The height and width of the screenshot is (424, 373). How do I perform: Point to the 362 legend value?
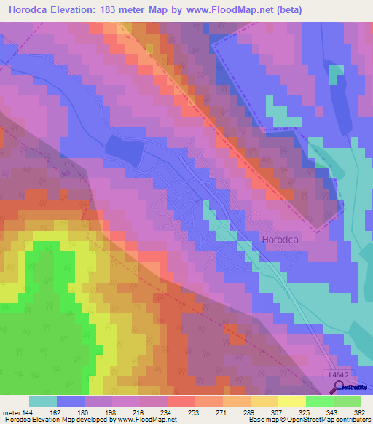pos(360,412)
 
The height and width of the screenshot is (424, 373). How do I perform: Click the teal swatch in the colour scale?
pos(43,401)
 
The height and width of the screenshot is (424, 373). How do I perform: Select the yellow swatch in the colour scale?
pos(292,401)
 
